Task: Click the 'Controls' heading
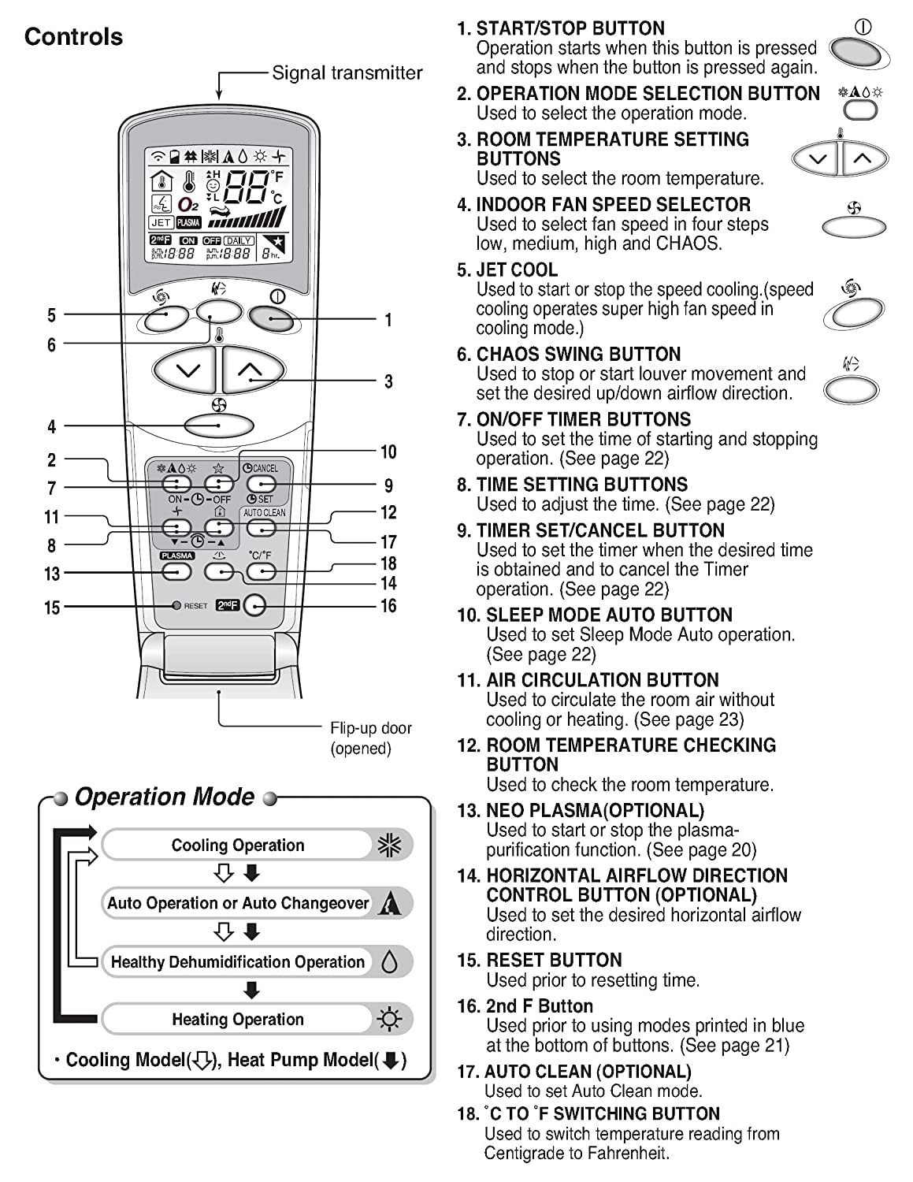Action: tap(73, 37)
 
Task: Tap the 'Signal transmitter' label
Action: tap(347, 73)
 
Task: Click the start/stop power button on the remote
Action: tap(271, 318)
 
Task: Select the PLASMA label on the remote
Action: tap(176, 556)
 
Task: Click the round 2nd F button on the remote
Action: tap(254, 605)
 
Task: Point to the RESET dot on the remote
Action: tap(176, 606)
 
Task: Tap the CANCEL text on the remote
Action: tap(265, 468)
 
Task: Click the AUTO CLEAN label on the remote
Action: tap(265, 513)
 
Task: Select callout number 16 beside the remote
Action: tap(388, 606)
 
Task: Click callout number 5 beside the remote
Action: tap(51, 316)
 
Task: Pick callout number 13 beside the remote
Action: tap(52, 574)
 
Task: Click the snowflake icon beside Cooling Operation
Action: tap(390, 846)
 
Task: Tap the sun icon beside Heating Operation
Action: tap(389, 1020)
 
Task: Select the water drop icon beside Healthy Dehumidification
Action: tap(389, 961)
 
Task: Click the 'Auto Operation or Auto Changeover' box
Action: tap(238, 904)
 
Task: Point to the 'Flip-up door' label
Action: tap(370, 728)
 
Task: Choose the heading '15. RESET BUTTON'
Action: tap(540, 961)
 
